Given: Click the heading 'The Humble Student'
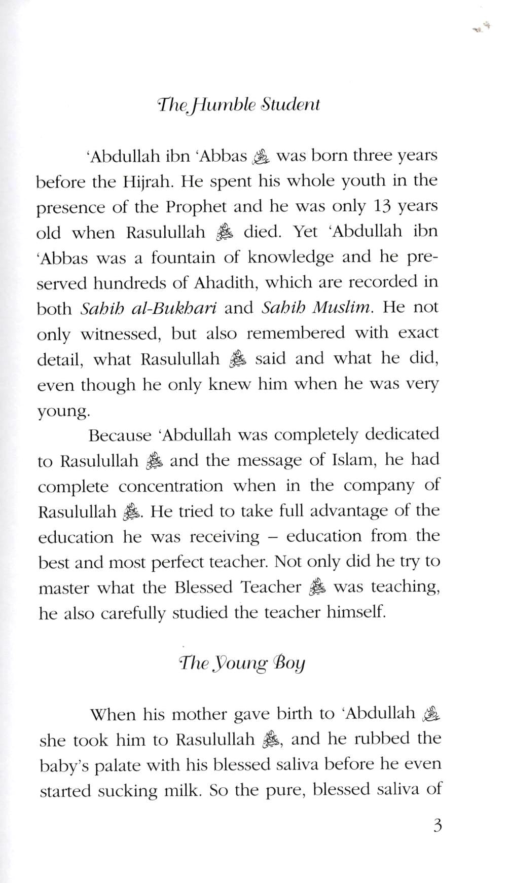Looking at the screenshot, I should [x=239, y=104].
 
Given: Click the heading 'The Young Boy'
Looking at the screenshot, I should [x=242, y=663].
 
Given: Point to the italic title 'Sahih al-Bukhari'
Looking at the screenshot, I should [x=149, y=308].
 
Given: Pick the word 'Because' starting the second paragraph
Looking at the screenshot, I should [x=120, y=435].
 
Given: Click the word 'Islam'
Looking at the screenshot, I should [x=353, y=460].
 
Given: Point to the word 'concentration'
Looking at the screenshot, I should [x=171, y=486].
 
